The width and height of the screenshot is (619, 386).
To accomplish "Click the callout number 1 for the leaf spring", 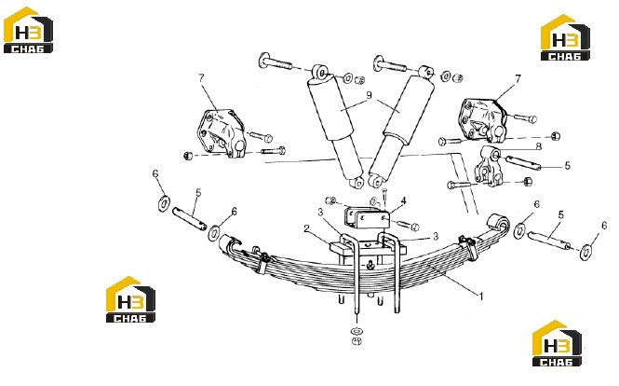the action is pos(481,296).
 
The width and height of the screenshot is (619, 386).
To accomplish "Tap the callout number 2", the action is pos(306,228).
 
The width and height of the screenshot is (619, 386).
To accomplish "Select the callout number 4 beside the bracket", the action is pos(403,201).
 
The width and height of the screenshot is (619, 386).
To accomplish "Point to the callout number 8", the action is pos(538,146).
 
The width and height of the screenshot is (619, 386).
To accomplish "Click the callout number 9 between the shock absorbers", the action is pos(370,95).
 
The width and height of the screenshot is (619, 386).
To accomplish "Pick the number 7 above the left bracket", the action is pos(202,78).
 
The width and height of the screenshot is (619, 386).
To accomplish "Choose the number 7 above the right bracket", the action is pos(518,79).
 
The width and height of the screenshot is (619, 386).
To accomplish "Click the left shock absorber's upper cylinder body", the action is pos(330,107).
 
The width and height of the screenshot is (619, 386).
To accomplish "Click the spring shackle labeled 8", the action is pos(489,166).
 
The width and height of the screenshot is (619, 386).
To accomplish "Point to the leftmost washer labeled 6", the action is pos(164,203).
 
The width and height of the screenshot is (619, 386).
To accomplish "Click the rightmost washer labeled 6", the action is pos(585,251).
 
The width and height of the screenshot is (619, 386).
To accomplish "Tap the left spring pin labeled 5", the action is pos(190,218).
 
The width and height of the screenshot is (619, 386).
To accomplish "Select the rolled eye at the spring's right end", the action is pos(498,224).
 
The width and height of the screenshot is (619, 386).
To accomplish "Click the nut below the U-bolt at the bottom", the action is pos(357,340).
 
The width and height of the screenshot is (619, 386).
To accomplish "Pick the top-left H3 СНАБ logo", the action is pos(28,30).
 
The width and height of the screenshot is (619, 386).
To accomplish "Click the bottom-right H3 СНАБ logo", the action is pos(557,343).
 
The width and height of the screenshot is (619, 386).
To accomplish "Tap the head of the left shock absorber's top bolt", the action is pos(263,61).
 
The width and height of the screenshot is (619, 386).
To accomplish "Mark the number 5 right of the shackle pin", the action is pos(567,165).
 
